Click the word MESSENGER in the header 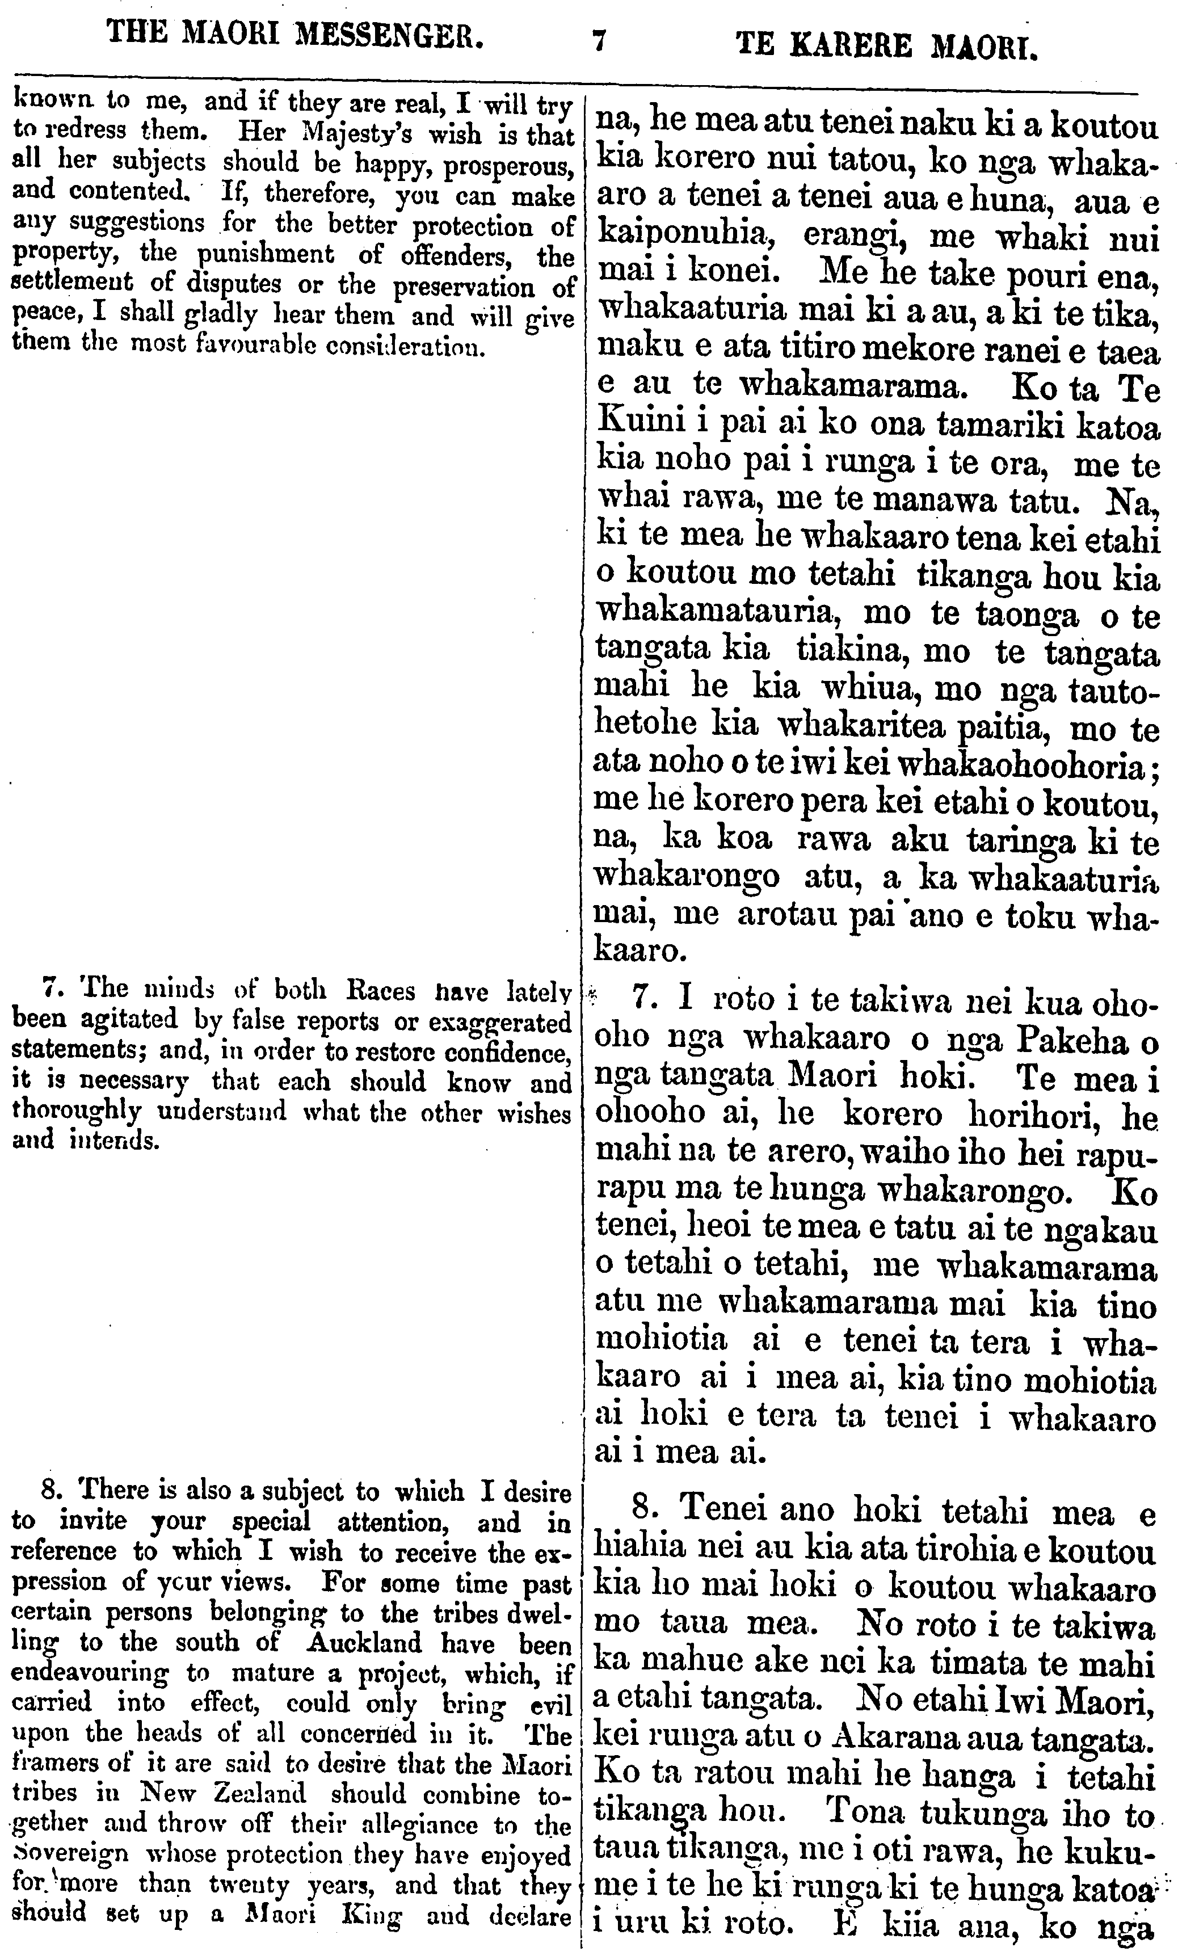(x=389, y=35)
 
